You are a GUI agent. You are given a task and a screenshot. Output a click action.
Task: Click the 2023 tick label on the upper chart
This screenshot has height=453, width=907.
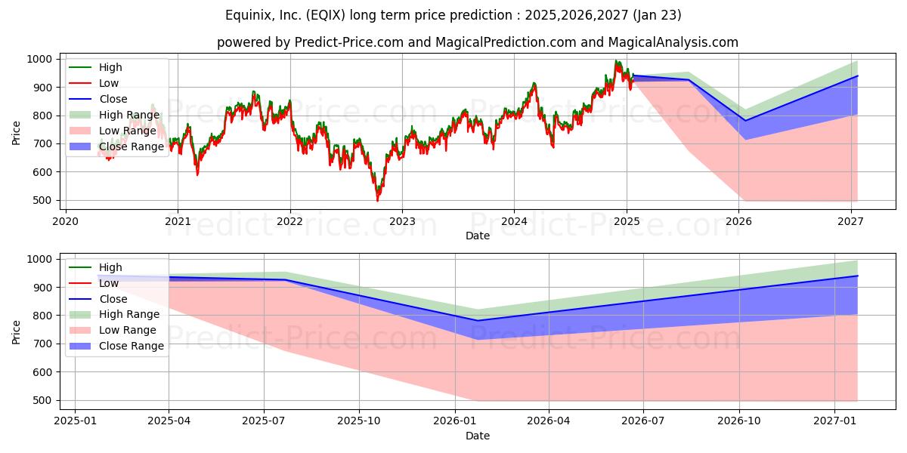402,222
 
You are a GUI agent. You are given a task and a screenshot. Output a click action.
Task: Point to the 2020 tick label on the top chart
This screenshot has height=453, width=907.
66,222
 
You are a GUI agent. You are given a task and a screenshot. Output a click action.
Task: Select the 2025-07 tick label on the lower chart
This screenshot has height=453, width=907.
264,421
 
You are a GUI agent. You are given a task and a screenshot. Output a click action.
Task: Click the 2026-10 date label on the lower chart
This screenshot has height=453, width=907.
739,421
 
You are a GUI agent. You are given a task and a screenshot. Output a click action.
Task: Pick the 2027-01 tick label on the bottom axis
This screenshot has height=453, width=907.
835,421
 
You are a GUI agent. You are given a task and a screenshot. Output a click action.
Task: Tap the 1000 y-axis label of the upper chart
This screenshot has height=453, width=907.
39,60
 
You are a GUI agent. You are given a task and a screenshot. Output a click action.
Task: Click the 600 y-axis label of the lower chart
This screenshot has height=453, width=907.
42,372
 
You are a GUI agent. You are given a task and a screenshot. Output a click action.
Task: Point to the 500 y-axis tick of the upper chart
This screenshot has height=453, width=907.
42,201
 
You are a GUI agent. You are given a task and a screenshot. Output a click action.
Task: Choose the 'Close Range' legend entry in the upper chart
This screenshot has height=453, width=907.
116,146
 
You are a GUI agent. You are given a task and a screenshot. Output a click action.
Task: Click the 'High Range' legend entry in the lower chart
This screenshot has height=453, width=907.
115,314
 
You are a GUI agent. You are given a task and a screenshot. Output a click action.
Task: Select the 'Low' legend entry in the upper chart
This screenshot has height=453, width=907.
94,83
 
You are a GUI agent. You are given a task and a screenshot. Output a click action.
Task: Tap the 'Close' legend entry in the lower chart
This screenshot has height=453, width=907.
98,299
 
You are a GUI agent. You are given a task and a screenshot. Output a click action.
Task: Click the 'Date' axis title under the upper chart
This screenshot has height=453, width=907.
478,236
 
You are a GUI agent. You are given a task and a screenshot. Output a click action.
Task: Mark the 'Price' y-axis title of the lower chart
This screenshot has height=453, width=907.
16,332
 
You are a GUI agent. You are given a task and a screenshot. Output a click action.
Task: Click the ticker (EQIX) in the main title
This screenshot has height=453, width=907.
326,15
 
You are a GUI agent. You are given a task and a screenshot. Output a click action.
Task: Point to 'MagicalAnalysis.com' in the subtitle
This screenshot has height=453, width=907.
673,42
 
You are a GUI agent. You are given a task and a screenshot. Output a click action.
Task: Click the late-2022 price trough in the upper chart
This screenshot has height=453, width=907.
378,200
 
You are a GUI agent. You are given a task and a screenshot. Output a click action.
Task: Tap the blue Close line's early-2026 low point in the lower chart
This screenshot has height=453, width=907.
478,321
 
